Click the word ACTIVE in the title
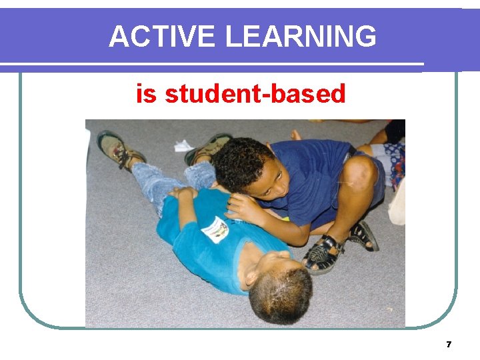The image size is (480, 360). tap(163, 37)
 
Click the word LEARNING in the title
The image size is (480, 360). tap(301, 37)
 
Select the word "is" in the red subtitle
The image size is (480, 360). tap(146, 94)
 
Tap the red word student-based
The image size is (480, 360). tap(255, 94)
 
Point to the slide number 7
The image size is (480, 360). tap(449, 345)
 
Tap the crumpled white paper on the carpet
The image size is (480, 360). tap(183, 145)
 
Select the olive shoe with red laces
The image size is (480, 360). tap(118, 149)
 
